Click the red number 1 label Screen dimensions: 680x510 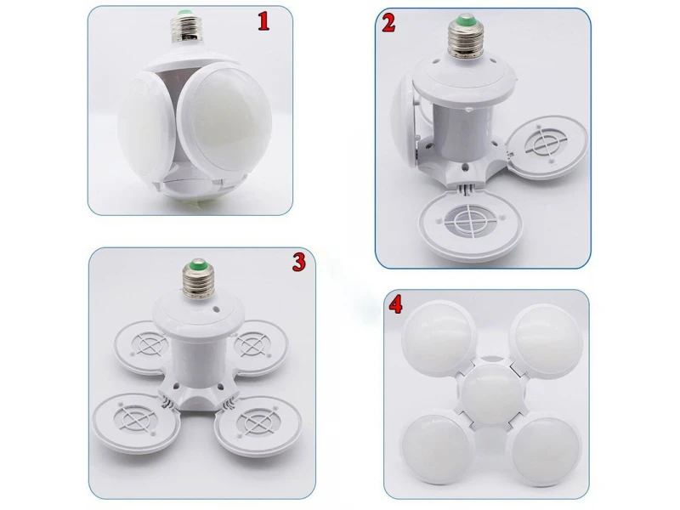pyautogui.click(x=263, y=21)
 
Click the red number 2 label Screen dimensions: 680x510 pyautogui.click(x=388, y=23)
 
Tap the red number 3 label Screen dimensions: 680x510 pyautogui.click(x=298, y=262)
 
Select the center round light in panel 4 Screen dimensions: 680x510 pyautogui.click(x=492, y=394)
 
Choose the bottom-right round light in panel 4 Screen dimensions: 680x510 pyautogui.click(x=546, y=450)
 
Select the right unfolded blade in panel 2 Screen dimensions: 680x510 pyautogui.click(x=547, y=146)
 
